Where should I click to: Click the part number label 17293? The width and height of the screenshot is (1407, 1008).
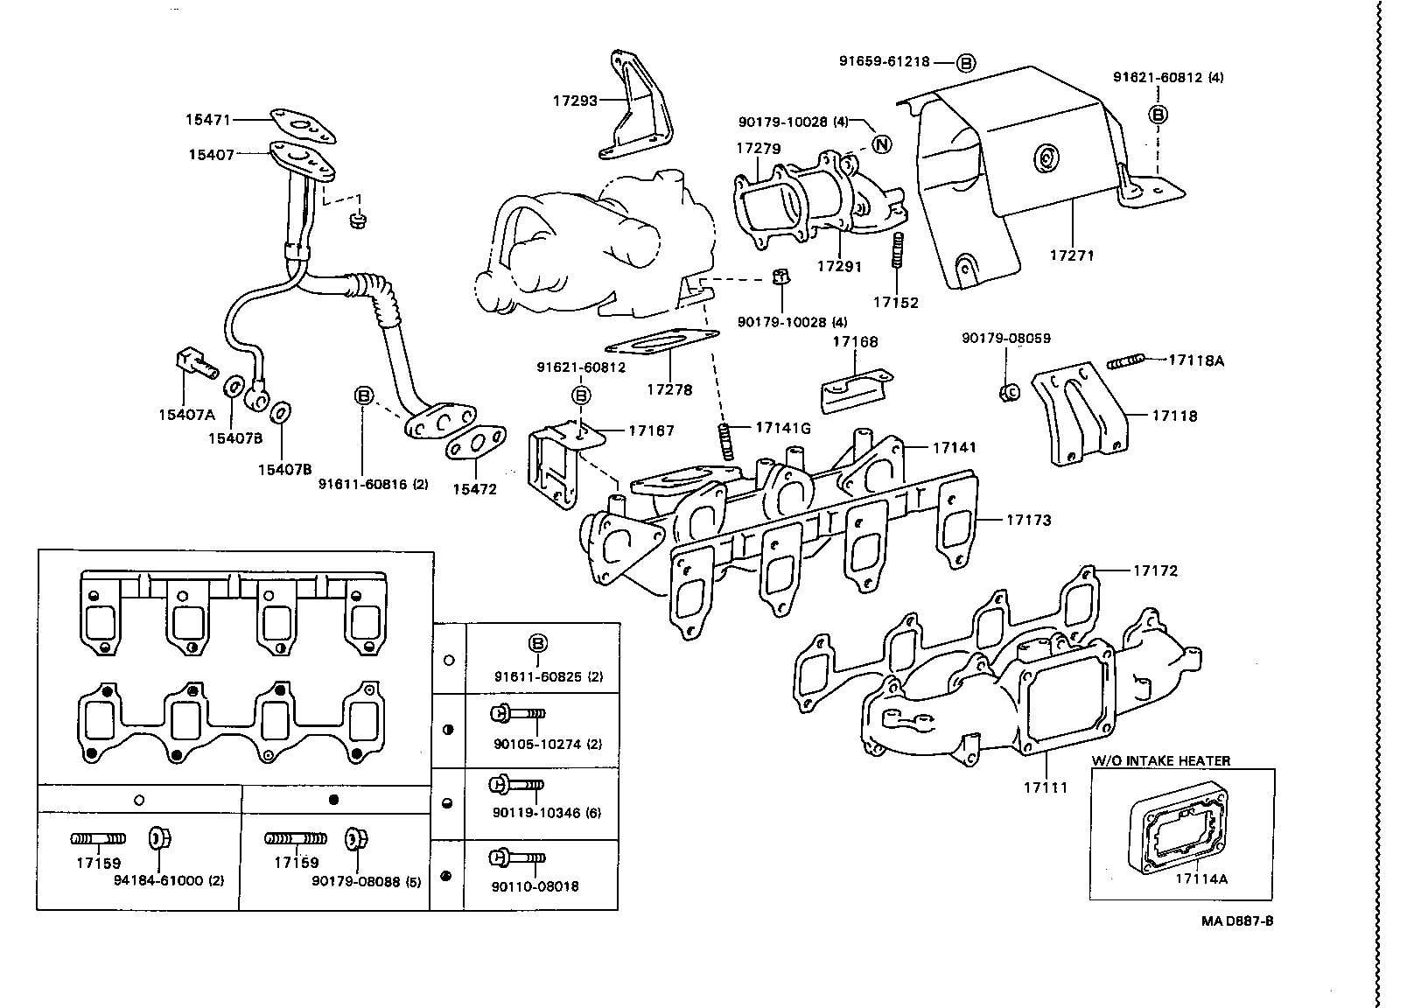click(x=574, y=101)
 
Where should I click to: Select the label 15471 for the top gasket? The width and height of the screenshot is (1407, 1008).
click(x=208, y=119)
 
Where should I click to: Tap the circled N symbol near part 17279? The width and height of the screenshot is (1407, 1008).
click(x=881, y=144)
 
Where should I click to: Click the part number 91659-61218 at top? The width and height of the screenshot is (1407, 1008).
click(x=883, y=62)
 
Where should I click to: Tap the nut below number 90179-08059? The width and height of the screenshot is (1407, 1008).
click(x=1007, y=391)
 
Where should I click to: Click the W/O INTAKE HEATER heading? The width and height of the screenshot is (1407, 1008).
click(x=1160, y=761)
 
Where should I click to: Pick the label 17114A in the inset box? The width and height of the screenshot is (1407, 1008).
click(x=1200, y=878)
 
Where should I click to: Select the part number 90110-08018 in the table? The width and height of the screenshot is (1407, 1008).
click(x=535, y=886)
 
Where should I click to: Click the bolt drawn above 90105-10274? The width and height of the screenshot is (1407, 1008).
click(x=517, y=714)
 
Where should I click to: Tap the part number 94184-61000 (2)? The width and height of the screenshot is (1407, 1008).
click(x=169, y=881)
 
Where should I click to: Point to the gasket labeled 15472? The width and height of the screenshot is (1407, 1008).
click(x=475, y=442)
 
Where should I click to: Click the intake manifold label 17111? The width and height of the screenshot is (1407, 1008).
click(x=1046, y=787)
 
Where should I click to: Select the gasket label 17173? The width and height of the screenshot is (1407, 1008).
click(x=1028, y=520)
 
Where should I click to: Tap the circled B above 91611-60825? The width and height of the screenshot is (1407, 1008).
click(x=538, y=644)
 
